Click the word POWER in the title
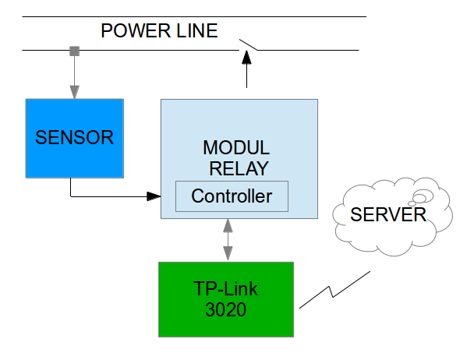(132, 32)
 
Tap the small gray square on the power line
(74, 51)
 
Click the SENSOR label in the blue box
(74, 138)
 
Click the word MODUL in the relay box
(236, 148)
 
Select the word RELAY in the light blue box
(238, 168)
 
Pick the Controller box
(232, 196)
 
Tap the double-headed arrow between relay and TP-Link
(228, 240)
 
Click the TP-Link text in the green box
(226, 289)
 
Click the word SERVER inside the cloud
(388, 215)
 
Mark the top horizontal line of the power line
(195, 16)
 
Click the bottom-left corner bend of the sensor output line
(71, 196)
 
